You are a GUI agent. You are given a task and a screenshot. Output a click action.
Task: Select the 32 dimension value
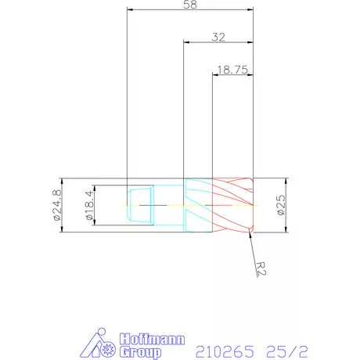click(218, 37)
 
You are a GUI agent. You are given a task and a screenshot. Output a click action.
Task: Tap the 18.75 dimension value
click(232, 70)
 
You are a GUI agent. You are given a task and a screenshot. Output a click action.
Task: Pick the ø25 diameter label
click(280, 205)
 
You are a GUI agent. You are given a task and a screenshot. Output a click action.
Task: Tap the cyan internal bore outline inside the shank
click(139, 205)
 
